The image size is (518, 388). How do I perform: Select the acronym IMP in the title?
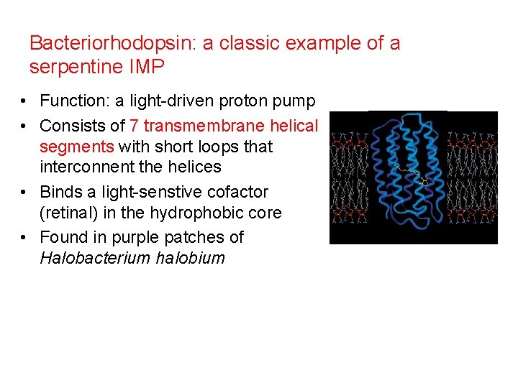[147, 68]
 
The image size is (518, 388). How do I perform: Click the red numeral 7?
[135, 126]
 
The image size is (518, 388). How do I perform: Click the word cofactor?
[239, 192]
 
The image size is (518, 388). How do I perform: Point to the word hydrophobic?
[206, 213]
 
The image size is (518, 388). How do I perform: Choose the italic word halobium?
[191, 257]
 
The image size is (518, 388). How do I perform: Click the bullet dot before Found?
[24, 237]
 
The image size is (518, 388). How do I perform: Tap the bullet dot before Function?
[24, 101]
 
